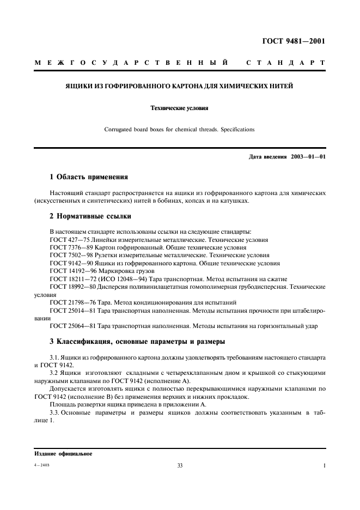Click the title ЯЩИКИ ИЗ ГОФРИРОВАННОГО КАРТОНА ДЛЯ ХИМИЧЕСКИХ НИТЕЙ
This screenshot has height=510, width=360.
click(179, 86)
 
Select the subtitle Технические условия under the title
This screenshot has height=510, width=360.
click(179, 108)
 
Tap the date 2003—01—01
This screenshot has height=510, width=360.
click(307, 157)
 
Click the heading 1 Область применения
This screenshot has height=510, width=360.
click(89, 177)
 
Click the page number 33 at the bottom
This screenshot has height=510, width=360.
click(180, 466)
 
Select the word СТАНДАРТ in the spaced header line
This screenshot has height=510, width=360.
click(286, 64)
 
